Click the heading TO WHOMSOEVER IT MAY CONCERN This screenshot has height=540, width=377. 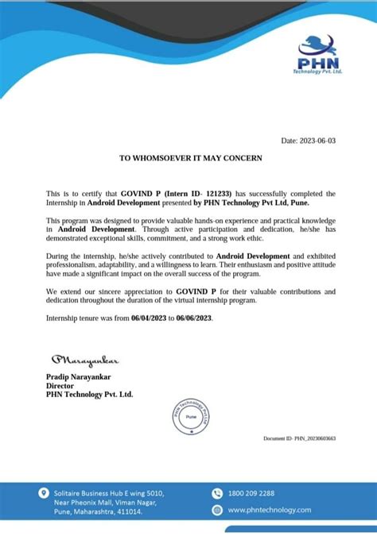[x=190, y=158]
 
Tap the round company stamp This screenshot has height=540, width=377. [x=190, y=416]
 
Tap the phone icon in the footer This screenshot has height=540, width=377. [x=217, y=493]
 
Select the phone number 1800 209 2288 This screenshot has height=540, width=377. [x=251, y=493]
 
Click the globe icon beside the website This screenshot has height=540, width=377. [x=217, y=510]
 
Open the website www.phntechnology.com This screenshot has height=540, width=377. [x=269, y=510]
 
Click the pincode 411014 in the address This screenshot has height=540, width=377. [x=128, y=512]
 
